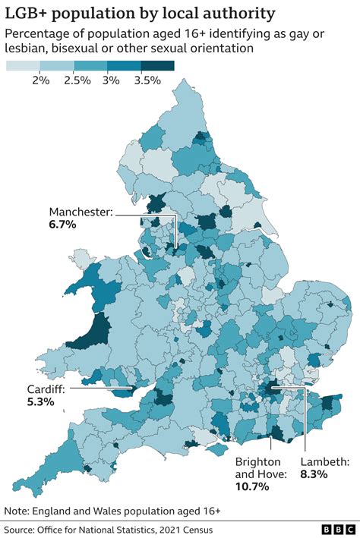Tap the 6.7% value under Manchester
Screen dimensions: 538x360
click(x=63, y=225)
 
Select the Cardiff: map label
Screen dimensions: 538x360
click(x=46, y=389)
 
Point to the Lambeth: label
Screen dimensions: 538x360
click(x=324, y=461)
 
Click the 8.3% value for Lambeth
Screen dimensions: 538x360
click(x=313, y=474)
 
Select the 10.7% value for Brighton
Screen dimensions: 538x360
click(x=252, y=487)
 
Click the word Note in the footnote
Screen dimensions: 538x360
click(x=17, y=510)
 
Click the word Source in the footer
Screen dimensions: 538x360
click(x=22, y=529)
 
